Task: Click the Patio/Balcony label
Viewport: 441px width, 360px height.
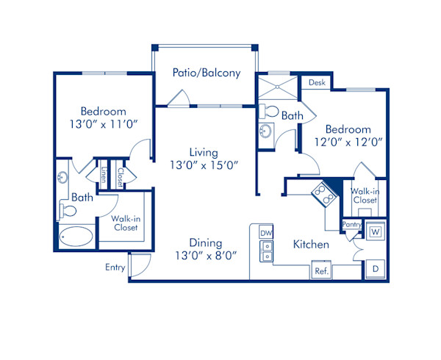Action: (x=207, y=73)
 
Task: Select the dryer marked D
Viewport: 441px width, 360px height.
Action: (x=375, y=270)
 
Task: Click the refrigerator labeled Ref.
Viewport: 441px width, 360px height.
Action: (x=321, y=270)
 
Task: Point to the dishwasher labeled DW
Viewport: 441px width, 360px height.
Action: (x=266, y=233)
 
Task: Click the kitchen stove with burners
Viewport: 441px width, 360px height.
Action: (x=323, y=193)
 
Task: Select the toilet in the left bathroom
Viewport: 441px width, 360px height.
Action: (x=68, y=212)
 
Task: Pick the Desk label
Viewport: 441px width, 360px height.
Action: (x=317, y=83)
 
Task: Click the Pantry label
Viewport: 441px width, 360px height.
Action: (x=351, y=226)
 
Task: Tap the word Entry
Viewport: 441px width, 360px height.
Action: (x=115, y=267)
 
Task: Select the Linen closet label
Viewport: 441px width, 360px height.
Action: (x=104, y=176)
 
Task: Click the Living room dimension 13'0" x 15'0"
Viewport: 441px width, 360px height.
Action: (x=204, y=165)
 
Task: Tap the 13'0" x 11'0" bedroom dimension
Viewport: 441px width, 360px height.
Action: (x=103, y=125)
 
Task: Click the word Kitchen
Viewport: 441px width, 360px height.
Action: (x=311, y=244)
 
